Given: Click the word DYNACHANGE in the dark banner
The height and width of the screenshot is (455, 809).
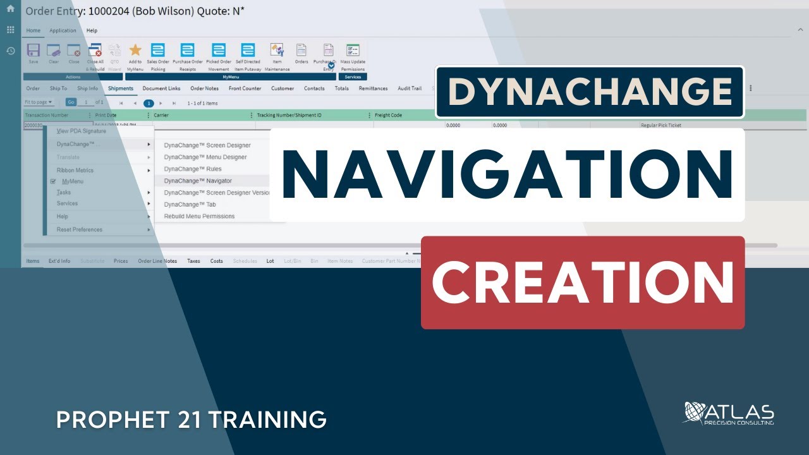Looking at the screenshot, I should (589, 92).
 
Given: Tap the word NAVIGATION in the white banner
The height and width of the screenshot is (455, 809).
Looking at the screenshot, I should (507, 174).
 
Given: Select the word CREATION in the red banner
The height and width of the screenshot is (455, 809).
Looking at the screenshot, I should (583, 282).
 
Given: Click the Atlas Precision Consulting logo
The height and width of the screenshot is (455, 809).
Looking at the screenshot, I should (729, 413).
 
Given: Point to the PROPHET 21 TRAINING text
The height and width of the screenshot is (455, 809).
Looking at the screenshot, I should (191, 419).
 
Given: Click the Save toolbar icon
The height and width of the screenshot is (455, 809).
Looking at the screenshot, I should (33, 51).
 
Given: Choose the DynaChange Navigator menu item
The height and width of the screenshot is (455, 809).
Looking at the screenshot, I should (198, 181).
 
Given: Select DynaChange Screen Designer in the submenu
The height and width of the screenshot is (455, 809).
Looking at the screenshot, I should (207, 145).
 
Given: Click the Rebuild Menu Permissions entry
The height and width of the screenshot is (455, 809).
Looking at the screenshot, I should (199, 216).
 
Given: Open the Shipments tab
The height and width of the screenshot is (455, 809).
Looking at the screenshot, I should (121, 88).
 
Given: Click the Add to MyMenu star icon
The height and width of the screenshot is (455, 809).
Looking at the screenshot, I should (135, 51).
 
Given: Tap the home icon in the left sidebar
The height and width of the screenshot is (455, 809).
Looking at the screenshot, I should (10, 9).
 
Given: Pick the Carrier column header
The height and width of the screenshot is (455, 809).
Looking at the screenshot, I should (161, 116).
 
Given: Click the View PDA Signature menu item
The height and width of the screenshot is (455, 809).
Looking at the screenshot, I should (82, 131).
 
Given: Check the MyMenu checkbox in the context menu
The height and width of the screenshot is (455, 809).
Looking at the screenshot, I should (53, 181).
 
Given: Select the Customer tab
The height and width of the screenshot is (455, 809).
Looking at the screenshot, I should (283, 88).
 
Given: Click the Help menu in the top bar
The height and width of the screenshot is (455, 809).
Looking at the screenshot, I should (92, 30).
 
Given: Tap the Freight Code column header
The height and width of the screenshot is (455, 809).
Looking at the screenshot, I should (389, 116).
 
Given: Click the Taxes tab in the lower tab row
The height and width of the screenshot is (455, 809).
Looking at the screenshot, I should (193, 261).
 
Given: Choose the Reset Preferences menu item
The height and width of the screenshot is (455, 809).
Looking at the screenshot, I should (79, 229).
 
